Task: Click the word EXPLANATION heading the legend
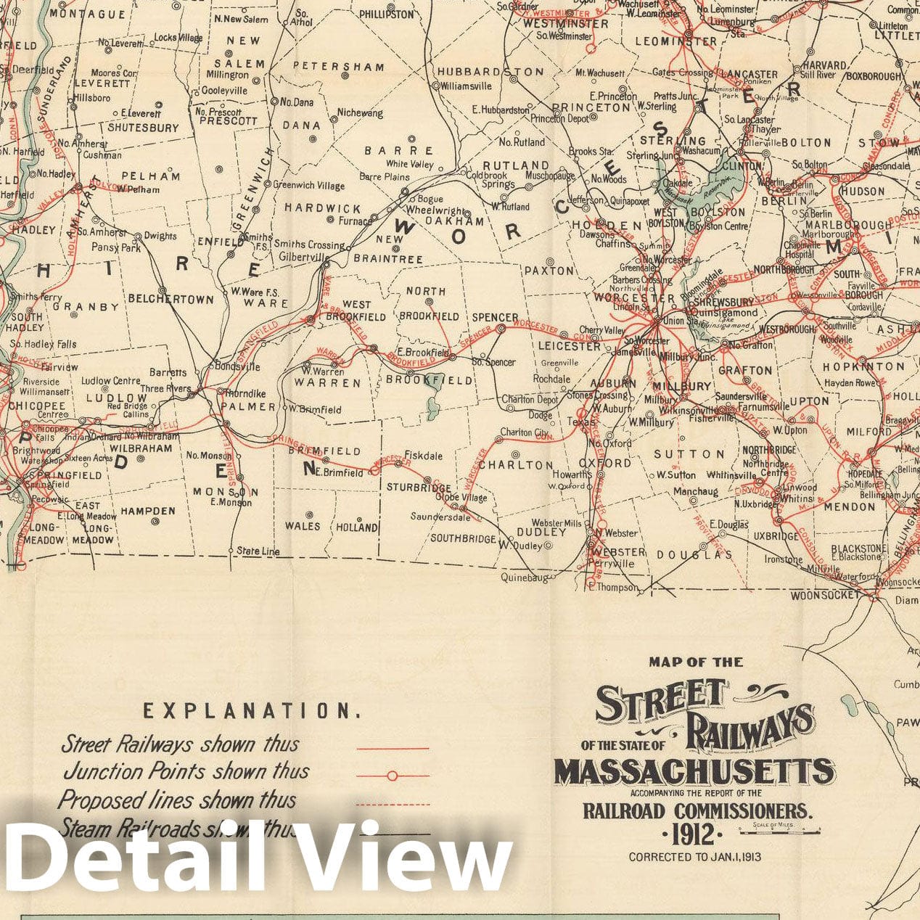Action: tap(252, 711)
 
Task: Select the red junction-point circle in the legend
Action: tap(392, 776)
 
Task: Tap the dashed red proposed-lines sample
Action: tap(393, 805)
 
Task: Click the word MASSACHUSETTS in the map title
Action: tap(694, 772)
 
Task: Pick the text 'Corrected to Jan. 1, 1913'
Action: tap(694, 857)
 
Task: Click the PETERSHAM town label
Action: tap(339, 67)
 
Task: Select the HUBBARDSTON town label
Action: tap(490, 72)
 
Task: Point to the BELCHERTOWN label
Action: tap(171, 299)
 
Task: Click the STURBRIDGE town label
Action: tap(418, 488)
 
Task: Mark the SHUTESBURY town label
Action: tap(143, 128)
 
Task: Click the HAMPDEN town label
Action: tap(147, 511)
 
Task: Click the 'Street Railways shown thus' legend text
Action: tap(179, 744)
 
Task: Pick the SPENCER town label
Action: tap(495, 318)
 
